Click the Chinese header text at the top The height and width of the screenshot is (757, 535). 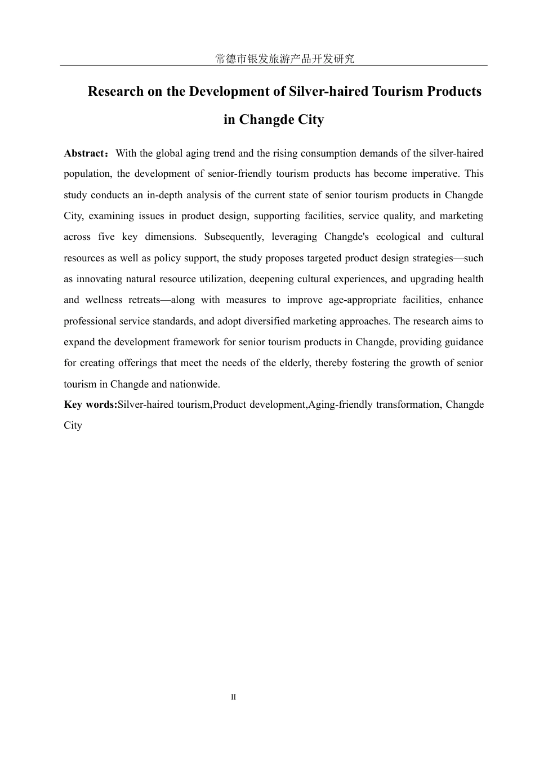point(285,59)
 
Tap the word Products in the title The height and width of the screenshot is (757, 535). point(454,91)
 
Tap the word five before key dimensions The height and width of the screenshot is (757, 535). point(106,237)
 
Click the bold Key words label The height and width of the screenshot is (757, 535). point(90,405)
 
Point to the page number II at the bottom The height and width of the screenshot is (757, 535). point(234,697)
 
